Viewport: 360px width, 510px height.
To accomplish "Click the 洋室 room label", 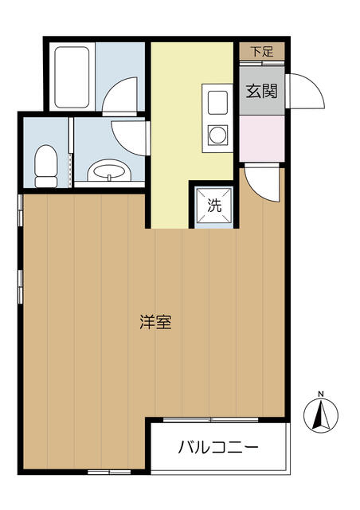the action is click(155, 322).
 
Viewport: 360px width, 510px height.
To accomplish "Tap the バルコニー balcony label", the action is click(218, 447).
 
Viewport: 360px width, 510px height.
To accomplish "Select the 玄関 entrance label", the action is click(262, 91).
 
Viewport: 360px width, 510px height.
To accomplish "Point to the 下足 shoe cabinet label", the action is click(262, 51).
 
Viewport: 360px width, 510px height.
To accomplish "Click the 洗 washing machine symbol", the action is click(214, 206).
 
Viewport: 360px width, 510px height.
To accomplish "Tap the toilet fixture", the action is click(46, 166).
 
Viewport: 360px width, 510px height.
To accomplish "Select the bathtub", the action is click(72, 77).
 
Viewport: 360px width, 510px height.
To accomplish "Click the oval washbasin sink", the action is click(109, 170).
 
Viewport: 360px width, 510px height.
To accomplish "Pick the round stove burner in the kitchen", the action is click(217, 135).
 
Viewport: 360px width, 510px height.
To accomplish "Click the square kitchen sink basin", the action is click(217, 103).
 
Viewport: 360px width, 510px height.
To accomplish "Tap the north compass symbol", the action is click(321, 415).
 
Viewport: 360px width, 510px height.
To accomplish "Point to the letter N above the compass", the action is click(321, 394).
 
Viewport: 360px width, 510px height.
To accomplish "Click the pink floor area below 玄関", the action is click(262, 138).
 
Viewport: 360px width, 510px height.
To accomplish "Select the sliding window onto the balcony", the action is click(211, 420).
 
